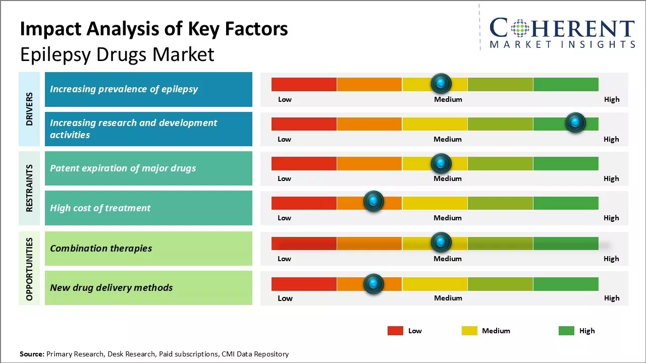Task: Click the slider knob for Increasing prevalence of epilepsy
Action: tap(441, 83)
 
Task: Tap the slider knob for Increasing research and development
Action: tap(575, 123)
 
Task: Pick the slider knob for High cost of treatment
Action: tap(373, 202)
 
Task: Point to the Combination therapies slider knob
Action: tap(441, 243)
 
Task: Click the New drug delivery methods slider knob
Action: tap(373, 284)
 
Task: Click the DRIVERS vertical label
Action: tap(29, 109)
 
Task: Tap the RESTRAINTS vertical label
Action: tap(29, 188)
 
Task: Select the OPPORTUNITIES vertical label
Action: tap(29, 269)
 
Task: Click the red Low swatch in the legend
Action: tap(395, 331)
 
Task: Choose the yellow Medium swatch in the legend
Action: tap(469, 331)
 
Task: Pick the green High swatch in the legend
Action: tap(566, 331)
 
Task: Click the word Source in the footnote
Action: tap(32, 354)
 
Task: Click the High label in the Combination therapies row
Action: tap(611, 259)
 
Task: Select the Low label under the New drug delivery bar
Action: tap(285, 298)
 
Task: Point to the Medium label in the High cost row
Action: tap(448, 218)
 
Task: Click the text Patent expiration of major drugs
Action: tap(123, 168)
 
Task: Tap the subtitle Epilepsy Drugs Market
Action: tap(117, 54)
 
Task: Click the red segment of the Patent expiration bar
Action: tap(304, 163)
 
